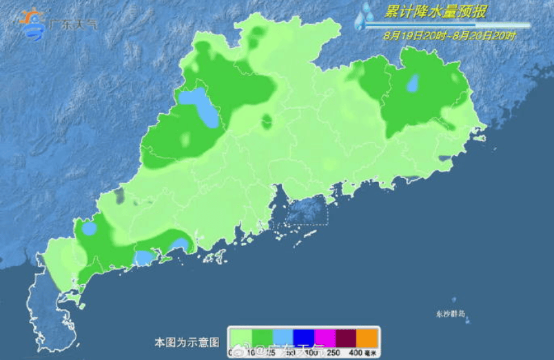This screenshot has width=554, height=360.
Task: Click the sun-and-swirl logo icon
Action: (x=31, y=24)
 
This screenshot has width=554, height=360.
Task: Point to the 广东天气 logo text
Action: (x=73, y=25)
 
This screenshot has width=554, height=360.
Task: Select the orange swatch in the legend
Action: (x=367, y=338)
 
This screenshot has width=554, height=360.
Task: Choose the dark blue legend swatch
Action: (x=303, y=338)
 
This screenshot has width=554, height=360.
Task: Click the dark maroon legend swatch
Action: (x=346, y=338)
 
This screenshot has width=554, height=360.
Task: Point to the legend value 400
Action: (x=356, y=353)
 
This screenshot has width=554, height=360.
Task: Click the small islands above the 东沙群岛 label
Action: (x=453, y=300)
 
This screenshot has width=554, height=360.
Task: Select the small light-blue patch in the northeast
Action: (x=413, y=83)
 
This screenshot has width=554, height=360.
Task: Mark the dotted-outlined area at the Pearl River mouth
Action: (x=300, y=211)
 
